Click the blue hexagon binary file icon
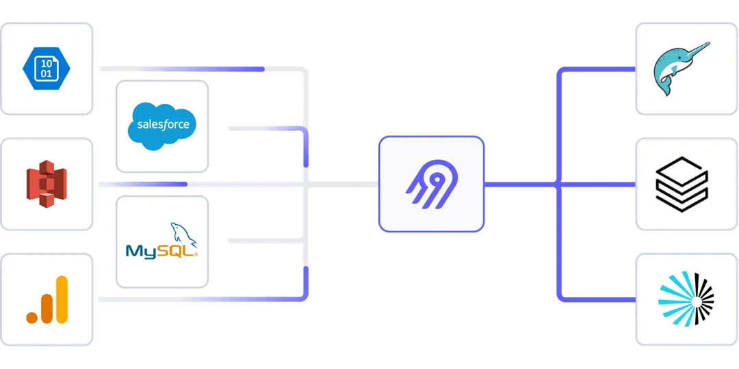[x=46, y=68]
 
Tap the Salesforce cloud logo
[x=162, y=125]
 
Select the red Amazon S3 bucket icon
[x=46, y=184]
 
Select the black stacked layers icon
[x=682, y=184]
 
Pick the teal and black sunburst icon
[x=686, y=299]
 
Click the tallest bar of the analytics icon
[x=62, y=299]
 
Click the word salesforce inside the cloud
[x=163, y=125]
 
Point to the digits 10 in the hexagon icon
[x=47, y=62]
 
